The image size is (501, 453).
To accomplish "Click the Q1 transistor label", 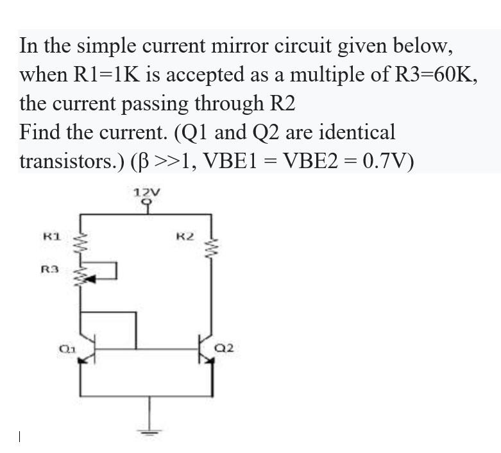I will tap(65, 348).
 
